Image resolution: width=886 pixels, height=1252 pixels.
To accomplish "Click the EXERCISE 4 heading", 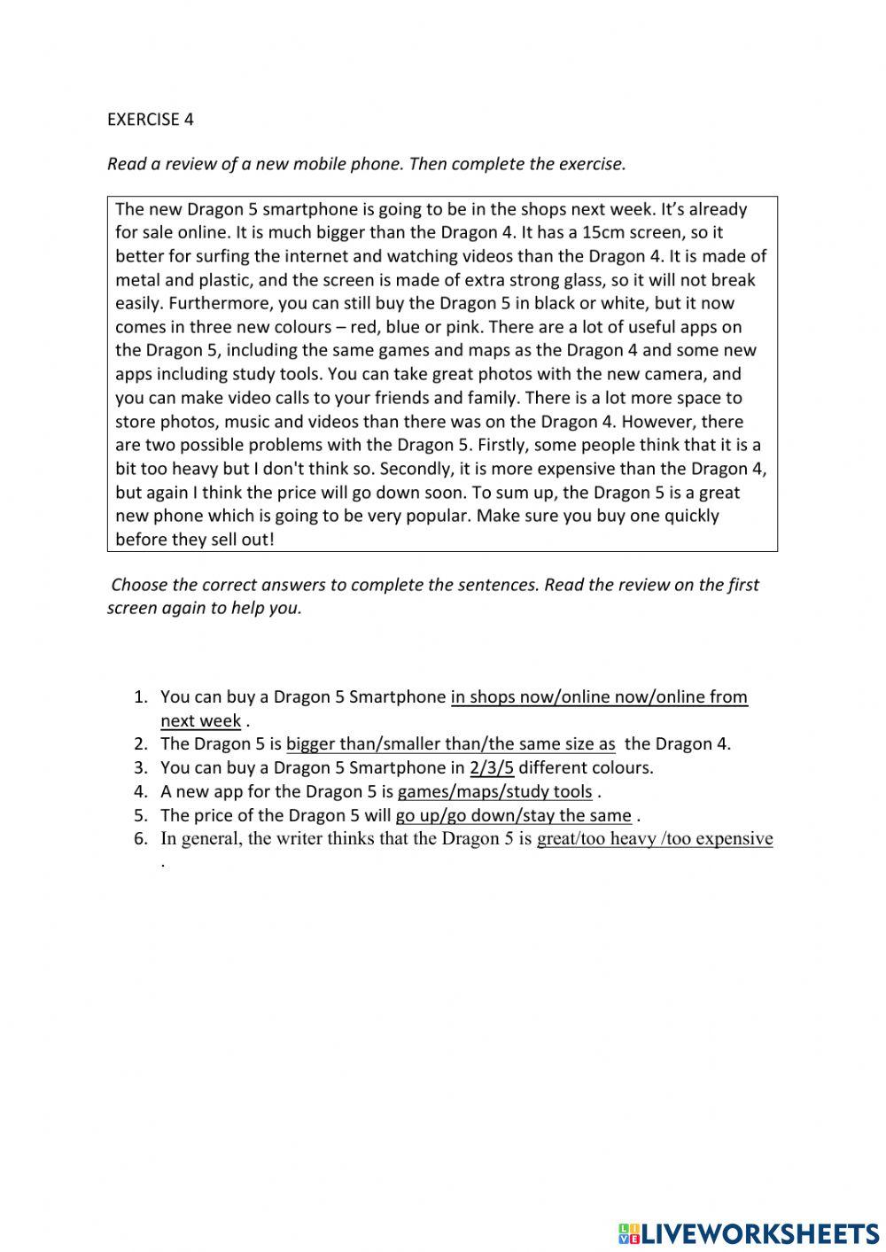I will click(x=150, y=120).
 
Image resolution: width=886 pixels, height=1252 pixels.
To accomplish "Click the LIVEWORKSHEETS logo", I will click(x=749, y=1233).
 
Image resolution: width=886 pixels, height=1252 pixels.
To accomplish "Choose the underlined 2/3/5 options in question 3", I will click(x=492, y=768).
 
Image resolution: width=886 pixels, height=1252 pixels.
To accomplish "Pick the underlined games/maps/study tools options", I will click(x=494, y=792).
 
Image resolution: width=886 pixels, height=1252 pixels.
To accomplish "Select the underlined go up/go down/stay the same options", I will click(x=513, y=816).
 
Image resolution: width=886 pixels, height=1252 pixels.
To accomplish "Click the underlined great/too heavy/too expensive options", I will click(x=655, y=839).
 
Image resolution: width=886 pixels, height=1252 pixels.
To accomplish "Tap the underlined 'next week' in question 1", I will click(x=200, y=721).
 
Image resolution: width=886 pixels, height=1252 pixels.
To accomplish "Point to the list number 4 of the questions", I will click(x=140, y=792).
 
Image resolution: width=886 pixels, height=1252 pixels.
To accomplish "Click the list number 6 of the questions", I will click(x=140, y=839).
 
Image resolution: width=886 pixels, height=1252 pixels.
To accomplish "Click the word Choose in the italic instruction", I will click(x=138, y=585).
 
